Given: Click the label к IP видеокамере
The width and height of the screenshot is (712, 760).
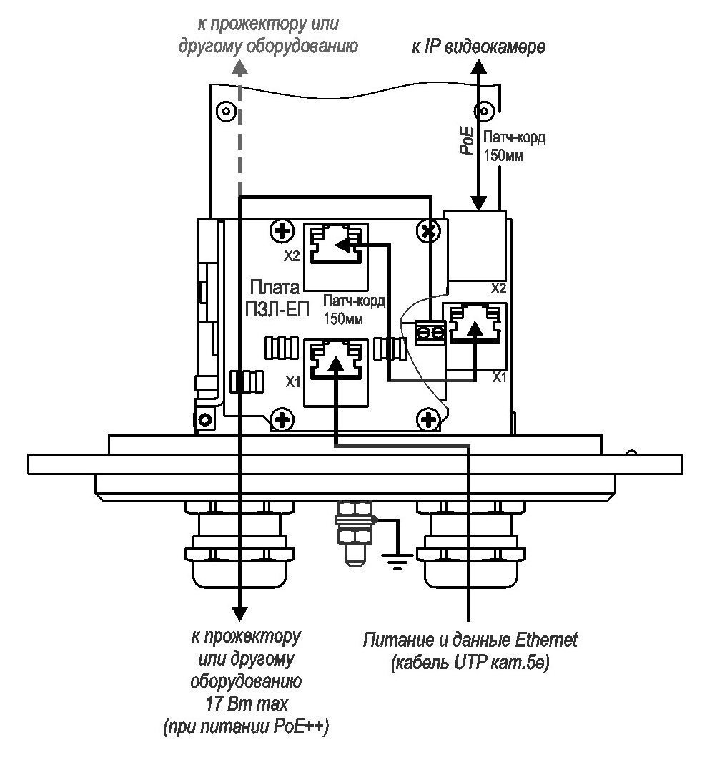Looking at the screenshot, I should [x=478, y=47].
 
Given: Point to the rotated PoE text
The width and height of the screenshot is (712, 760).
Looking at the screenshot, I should [x=467, y=141].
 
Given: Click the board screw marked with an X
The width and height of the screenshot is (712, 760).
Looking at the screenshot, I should [x=427, y=231].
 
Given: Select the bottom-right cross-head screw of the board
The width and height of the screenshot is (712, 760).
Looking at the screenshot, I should [x=428, y=419].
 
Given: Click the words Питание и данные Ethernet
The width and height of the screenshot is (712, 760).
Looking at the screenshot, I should [x=470, y=640].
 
